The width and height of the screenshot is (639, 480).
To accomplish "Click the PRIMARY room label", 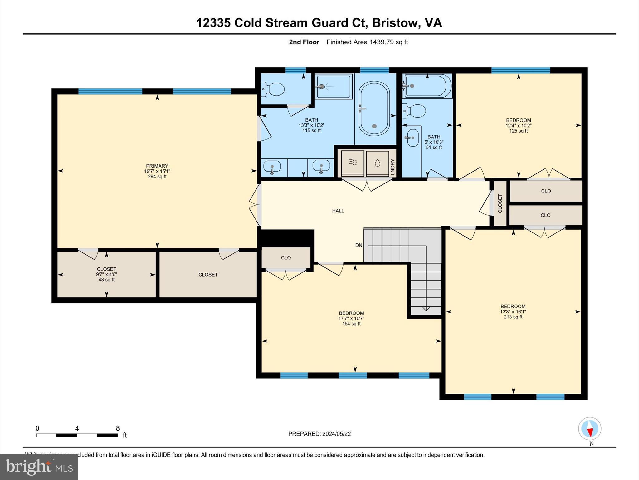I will point(157,166).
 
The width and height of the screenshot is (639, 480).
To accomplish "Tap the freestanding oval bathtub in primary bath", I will point(374,108).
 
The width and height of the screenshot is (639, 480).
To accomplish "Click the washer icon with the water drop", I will point(377,163).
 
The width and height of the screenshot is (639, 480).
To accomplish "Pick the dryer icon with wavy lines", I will point(353,163).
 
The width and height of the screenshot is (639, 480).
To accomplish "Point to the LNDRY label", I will point(393,167).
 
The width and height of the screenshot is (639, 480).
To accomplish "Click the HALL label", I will point(338,211).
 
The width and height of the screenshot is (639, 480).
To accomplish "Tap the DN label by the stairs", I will point(359,245).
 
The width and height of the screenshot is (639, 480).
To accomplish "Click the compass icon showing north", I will point(589,429).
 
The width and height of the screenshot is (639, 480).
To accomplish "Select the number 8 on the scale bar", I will point(118,428).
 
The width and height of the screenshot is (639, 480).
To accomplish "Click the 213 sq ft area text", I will point(513,317).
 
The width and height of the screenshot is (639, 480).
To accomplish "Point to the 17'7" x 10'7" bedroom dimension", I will point(351,318).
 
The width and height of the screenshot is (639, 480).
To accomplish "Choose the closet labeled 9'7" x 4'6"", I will point(106,274).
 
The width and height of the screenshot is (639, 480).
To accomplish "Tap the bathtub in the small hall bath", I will point(427,86).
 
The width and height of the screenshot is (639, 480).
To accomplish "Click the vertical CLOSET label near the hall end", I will point(500,203).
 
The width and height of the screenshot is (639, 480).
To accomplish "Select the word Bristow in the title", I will point(395,23).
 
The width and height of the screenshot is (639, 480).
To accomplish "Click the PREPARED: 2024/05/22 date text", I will point(319,434).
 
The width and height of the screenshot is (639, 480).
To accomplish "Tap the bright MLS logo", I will point(39,467).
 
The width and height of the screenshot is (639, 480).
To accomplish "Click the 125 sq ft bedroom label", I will point(518,131).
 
